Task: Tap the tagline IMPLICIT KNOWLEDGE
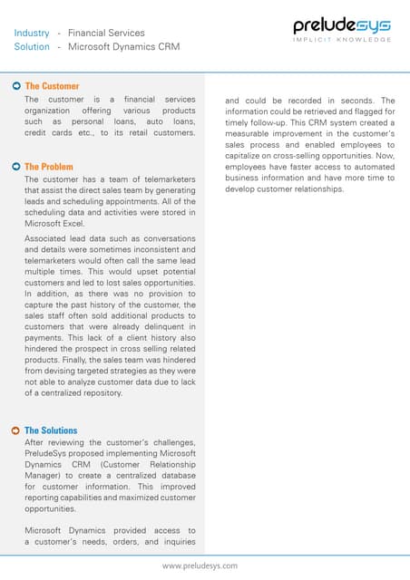tap(342, 40)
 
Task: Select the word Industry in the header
tap(31, 34)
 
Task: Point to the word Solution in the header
tap(32, 46)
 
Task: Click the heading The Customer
tap(52, 86)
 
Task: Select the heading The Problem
tap(49, 167)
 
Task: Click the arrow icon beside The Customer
tap(16, 86)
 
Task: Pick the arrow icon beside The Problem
tap(16, 167)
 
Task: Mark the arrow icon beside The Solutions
tap(16, 430)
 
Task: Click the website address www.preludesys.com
tap(200, 565)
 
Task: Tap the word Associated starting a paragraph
tap(45, 237)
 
